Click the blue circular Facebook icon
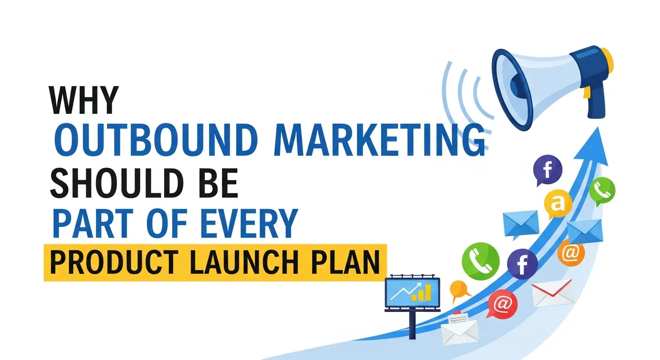pos(522,263)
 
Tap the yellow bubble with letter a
pos(558,203)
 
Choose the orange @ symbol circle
pos(571,253)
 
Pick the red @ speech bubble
pos(502,304)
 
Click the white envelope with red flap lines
pos(553,292)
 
